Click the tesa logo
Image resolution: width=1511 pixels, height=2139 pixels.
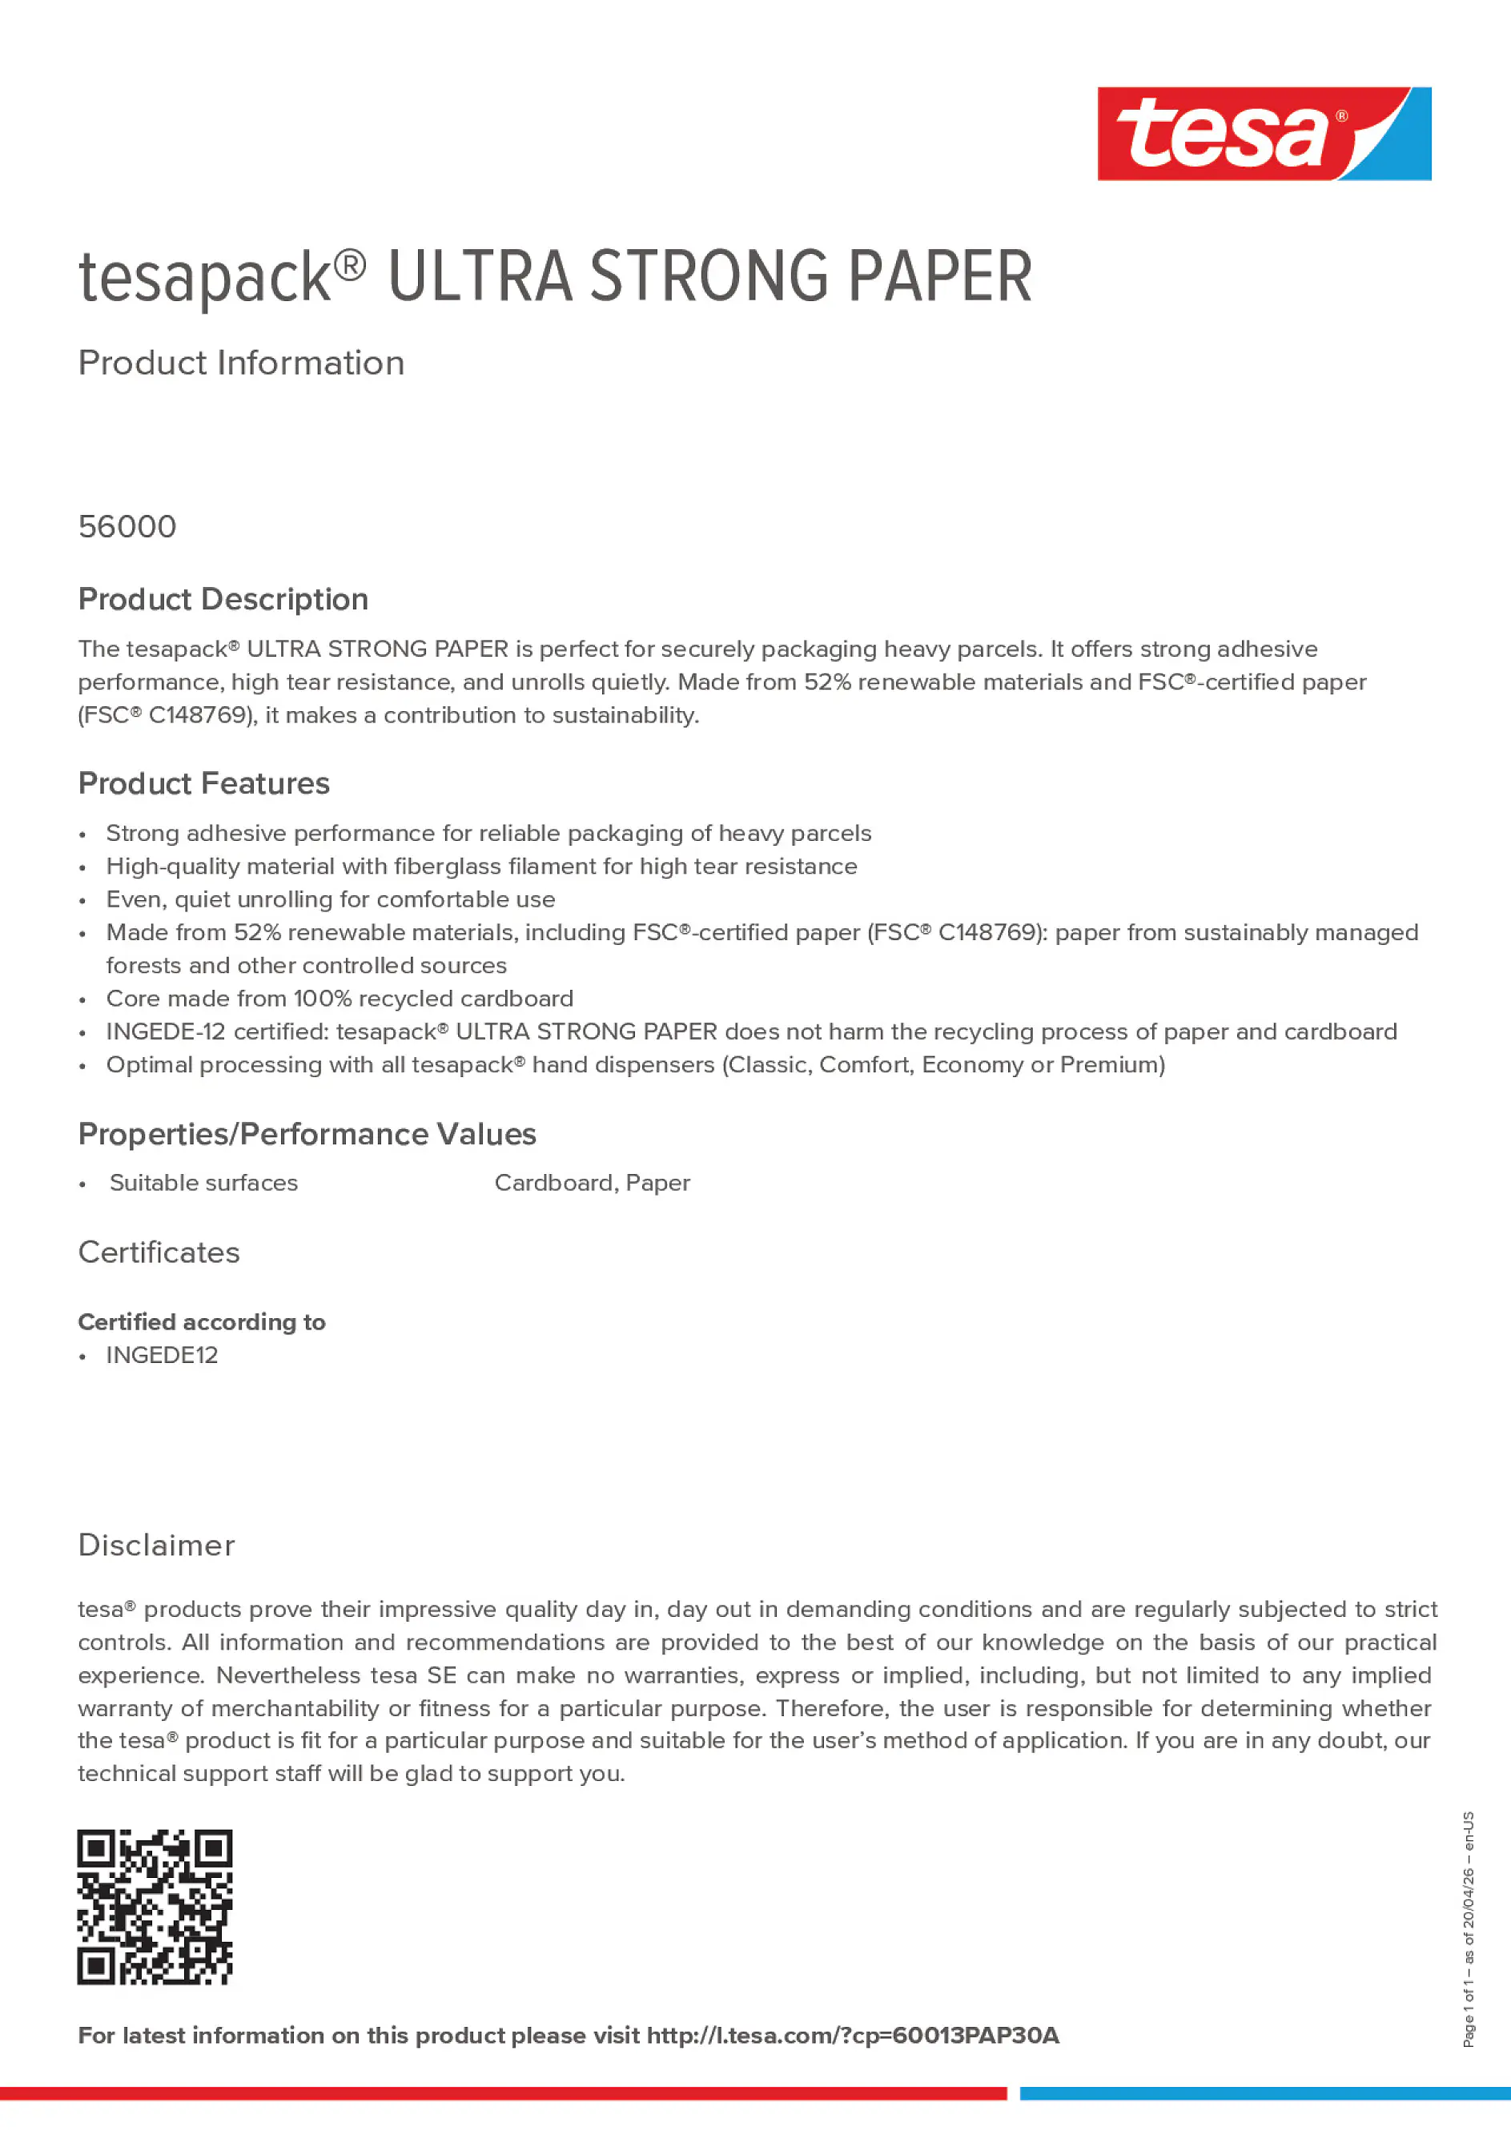pos(1264,135)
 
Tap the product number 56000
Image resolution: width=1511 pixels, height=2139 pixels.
pos(127,527)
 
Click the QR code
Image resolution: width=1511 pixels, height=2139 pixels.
pos(155,1907)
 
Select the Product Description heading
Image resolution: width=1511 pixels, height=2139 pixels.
pos(223,600)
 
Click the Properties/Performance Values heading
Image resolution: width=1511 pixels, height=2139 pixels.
pos(307,1135)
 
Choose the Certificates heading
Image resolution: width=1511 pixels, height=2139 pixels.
pos(159,1253)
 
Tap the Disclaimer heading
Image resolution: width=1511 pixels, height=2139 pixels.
pos(156,1546)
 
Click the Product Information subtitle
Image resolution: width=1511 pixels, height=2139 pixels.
pos(241,364)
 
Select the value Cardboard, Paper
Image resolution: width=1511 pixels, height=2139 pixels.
pos(593,1183)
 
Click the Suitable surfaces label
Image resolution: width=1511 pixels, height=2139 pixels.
pos(204,1183)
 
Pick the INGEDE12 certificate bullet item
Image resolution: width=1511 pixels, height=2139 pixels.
pos(162,1356)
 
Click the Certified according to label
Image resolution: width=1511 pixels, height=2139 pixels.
pos(202,1323)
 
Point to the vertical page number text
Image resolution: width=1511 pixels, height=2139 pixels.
pos(1469,1929)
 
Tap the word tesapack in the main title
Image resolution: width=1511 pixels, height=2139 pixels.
pos(205,279)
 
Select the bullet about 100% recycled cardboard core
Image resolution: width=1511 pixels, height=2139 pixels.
pos(340,999)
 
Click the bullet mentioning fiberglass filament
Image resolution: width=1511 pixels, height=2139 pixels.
pos(481,866)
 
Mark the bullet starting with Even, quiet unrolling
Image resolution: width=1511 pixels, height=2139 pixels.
pos(331,900)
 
